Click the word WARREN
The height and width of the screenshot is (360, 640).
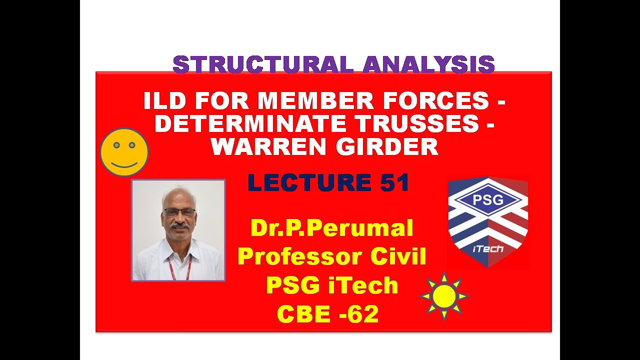tap(267, 146)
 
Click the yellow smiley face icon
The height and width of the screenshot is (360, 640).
tap(124, 152)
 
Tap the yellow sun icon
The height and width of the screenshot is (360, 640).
tap(443, 296)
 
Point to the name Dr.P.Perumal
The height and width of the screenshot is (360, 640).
tap(332, 228)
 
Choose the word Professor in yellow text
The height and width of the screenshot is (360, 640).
tap(292, 256)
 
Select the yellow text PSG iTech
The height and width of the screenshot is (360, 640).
tap(332, 285)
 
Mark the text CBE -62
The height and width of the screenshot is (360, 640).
tap(327, 314)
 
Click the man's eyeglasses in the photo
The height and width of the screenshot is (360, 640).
tap(179, 212)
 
